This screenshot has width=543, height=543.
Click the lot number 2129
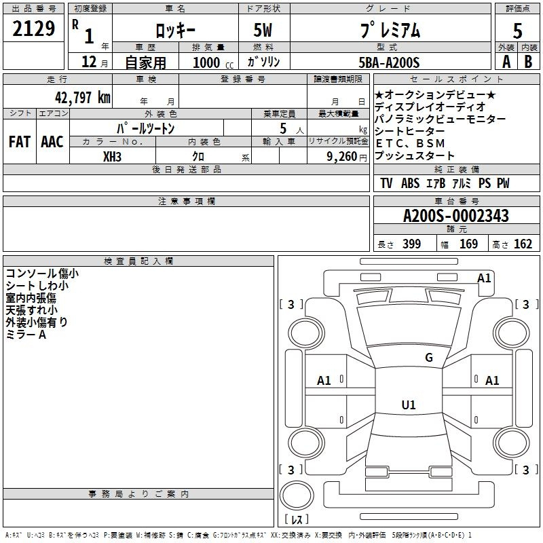33,29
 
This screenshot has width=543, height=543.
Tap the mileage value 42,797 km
83,98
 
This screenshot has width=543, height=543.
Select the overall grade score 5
517,31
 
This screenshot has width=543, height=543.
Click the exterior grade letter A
506,62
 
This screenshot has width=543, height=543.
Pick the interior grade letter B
528,62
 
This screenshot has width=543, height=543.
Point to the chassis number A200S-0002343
456,216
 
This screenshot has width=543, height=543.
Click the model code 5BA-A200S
389,62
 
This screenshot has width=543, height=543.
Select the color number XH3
112,157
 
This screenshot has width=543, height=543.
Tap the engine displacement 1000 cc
213,62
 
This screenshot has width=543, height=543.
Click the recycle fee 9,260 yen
347,157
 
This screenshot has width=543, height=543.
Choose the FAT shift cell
20,142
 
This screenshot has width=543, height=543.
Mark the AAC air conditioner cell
52,142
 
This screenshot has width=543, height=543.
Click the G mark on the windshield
429,358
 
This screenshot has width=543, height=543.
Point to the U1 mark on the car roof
409,405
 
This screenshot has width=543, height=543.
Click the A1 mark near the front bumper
484,278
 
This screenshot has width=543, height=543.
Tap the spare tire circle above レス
297,495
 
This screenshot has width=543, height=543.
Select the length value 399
412,244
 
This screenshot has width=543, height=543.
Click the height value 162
523,244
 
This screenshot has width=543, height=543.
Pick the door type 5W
263,30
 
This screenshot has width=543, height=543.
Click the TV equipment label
386,183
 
